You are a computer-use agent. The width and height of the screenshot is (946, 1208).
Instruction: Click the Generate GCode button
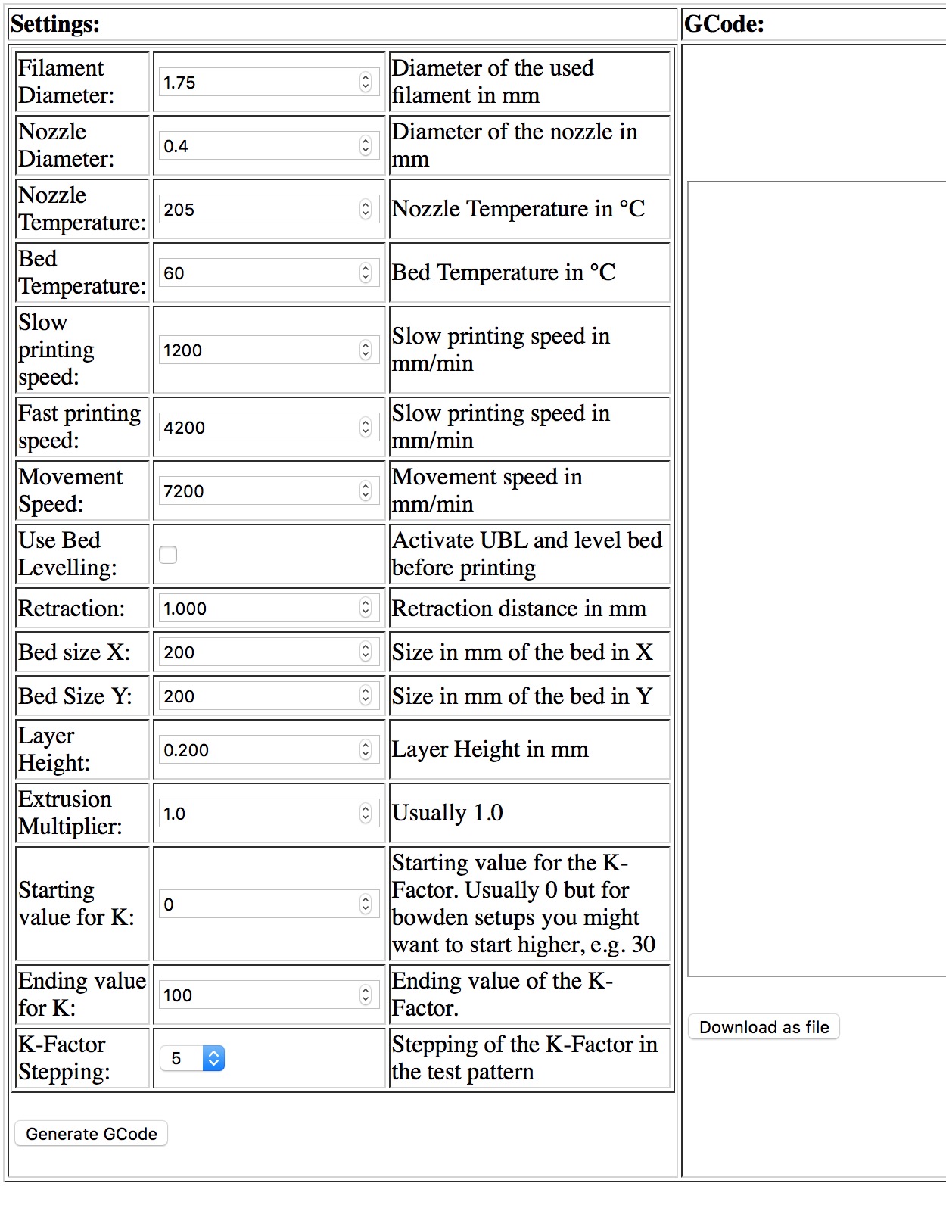(x=91, y=1133)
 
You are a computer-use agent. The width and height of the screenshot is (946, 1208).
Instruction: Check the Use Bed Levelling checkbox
(x=168, y=555)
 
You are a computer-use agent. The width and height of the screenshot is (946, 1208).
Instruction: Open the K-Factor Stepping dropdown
(x=192, y=1058)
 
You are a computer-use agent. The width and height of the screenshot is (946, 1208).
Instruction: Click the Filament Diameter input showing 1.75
(x=257, y=83)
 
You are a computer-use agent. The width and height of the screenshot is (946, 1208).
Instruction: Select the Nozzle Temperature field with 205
(x=257, y=210)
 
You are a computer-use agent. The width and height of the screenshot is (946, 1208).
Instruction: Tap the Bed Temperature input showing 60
(x=257, y=273)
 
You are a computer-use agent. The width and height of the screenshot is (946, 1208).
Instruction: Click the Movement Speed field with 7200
(x=257, y=491)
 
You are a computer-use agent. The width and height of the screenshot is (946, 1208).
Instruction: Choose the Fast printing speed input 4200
(x=257, y=428)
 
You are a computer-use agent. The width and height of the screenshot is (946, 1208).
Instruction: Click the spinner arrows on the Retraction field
(x=366, y=608)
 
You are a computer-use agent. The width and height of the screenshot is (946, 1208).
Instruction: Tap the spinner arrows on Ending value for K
(x=366, y=995)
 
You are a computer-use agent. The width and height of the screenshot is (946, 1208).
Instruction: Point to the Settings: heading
(x=55, y=24)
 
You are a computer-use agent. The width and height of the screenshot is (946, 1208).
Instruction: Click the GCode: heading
(x=724, y=24)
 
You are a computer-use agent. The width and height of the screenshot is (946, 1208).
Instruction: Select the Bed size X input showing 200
(x=257, y=652)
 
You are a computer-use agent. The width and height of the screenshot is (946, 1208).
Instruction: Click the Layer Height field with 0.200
(x=257, y=750)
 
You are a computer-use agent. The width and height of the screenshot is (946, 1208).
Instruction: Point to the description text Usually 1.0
(x=447, y=813)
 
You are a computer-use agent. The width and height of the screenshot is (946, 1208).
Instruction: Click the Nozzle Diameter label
(x=67, y=145)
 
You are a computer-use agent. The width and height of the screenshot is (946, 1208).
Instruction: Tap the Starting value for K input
(x=257, y=904)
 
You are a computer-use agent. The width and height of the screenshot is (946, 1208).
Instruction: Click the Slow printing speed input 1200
(x=257, y=350)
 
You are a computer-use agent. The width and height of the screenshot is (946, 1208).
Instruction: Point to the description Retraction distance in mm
(x=518, y=609)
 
